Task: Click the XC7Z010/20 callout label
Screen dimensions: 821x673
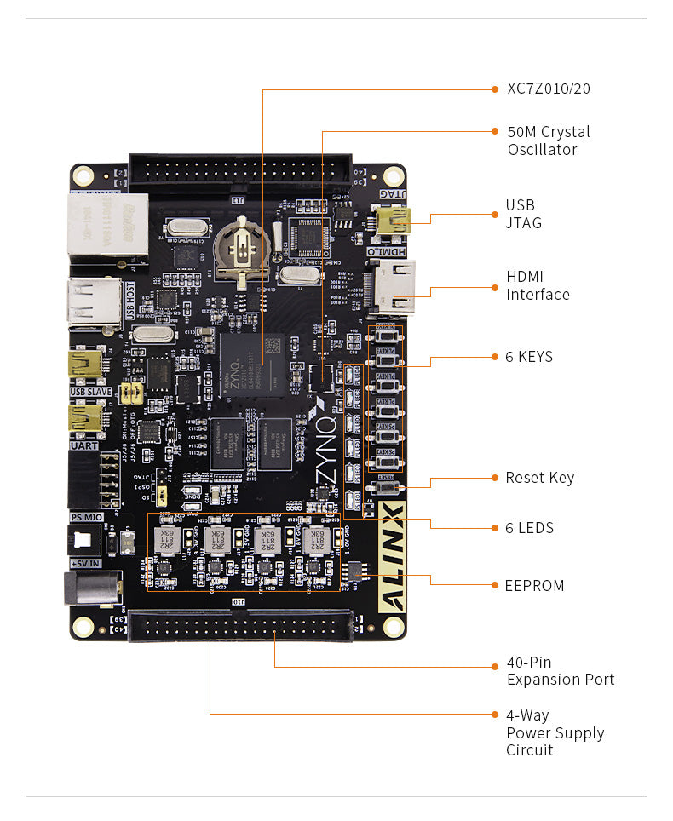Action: (548, 89)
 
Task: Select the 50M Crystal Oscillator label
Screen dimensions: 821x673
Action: (548, 141)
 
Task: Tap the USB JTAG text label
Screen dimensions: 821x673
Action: (523, 214)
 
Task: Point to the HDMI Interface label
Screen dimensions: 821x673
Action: (538, 285)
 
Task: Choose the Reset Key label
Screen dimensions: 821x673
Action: (539, 478)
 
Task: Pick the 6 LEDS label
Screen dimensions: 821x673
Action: (529, 528)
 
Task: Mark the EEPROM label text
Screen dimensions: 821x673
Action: (535, 586)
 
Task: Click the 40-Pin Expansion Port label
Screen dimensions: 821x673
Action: (560, 671)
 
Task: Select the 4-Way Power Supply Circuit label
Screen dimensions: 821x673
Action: (555, 732)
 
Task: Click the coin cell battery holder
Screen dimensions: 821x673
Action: (244, 248)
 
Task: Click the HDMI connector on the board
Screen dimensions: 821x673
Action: (393, 287)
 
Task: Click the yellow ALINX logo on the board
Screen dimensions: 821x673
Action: (393, 557)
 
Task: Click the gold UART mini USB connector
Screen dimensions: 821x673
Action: (88, 416)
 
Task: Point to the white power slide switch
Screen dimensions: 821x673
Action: (85, 539)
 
